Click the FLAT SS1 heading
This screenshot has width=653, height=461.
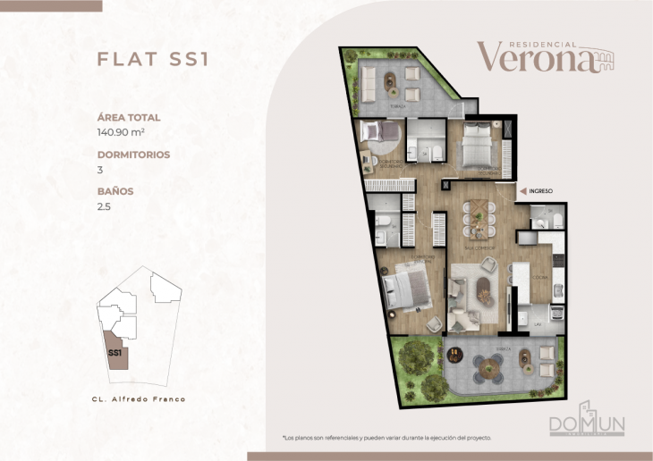click(x=151, y=59)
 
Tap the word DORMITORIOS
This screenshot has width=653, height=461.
click(x=133, y=154)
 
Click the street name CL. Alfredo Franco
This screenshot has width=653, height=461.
click(x=139, y=398)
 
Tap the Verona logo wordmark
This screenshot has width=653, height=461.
click(x=535, y=56)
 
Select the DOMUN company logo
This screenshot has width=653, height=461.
click(x=588, y=419)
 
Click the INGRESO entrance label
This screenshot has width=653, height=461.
click(x=541, y=190)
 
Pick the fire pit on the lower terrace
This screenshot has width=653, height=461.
click(x=455, y=354)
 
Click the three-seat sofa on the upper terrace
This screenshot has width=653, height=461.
click(x=368, y=85)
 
